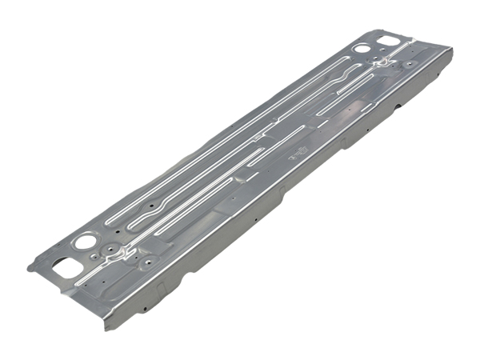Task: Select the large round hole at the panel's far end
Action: coord(363,48)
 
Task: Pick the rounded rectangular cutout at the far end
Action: coord(390,39)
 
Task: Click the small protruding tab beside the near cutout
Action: coord(30,266)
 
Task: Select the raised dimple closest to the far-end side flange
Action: coord(410,63)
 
